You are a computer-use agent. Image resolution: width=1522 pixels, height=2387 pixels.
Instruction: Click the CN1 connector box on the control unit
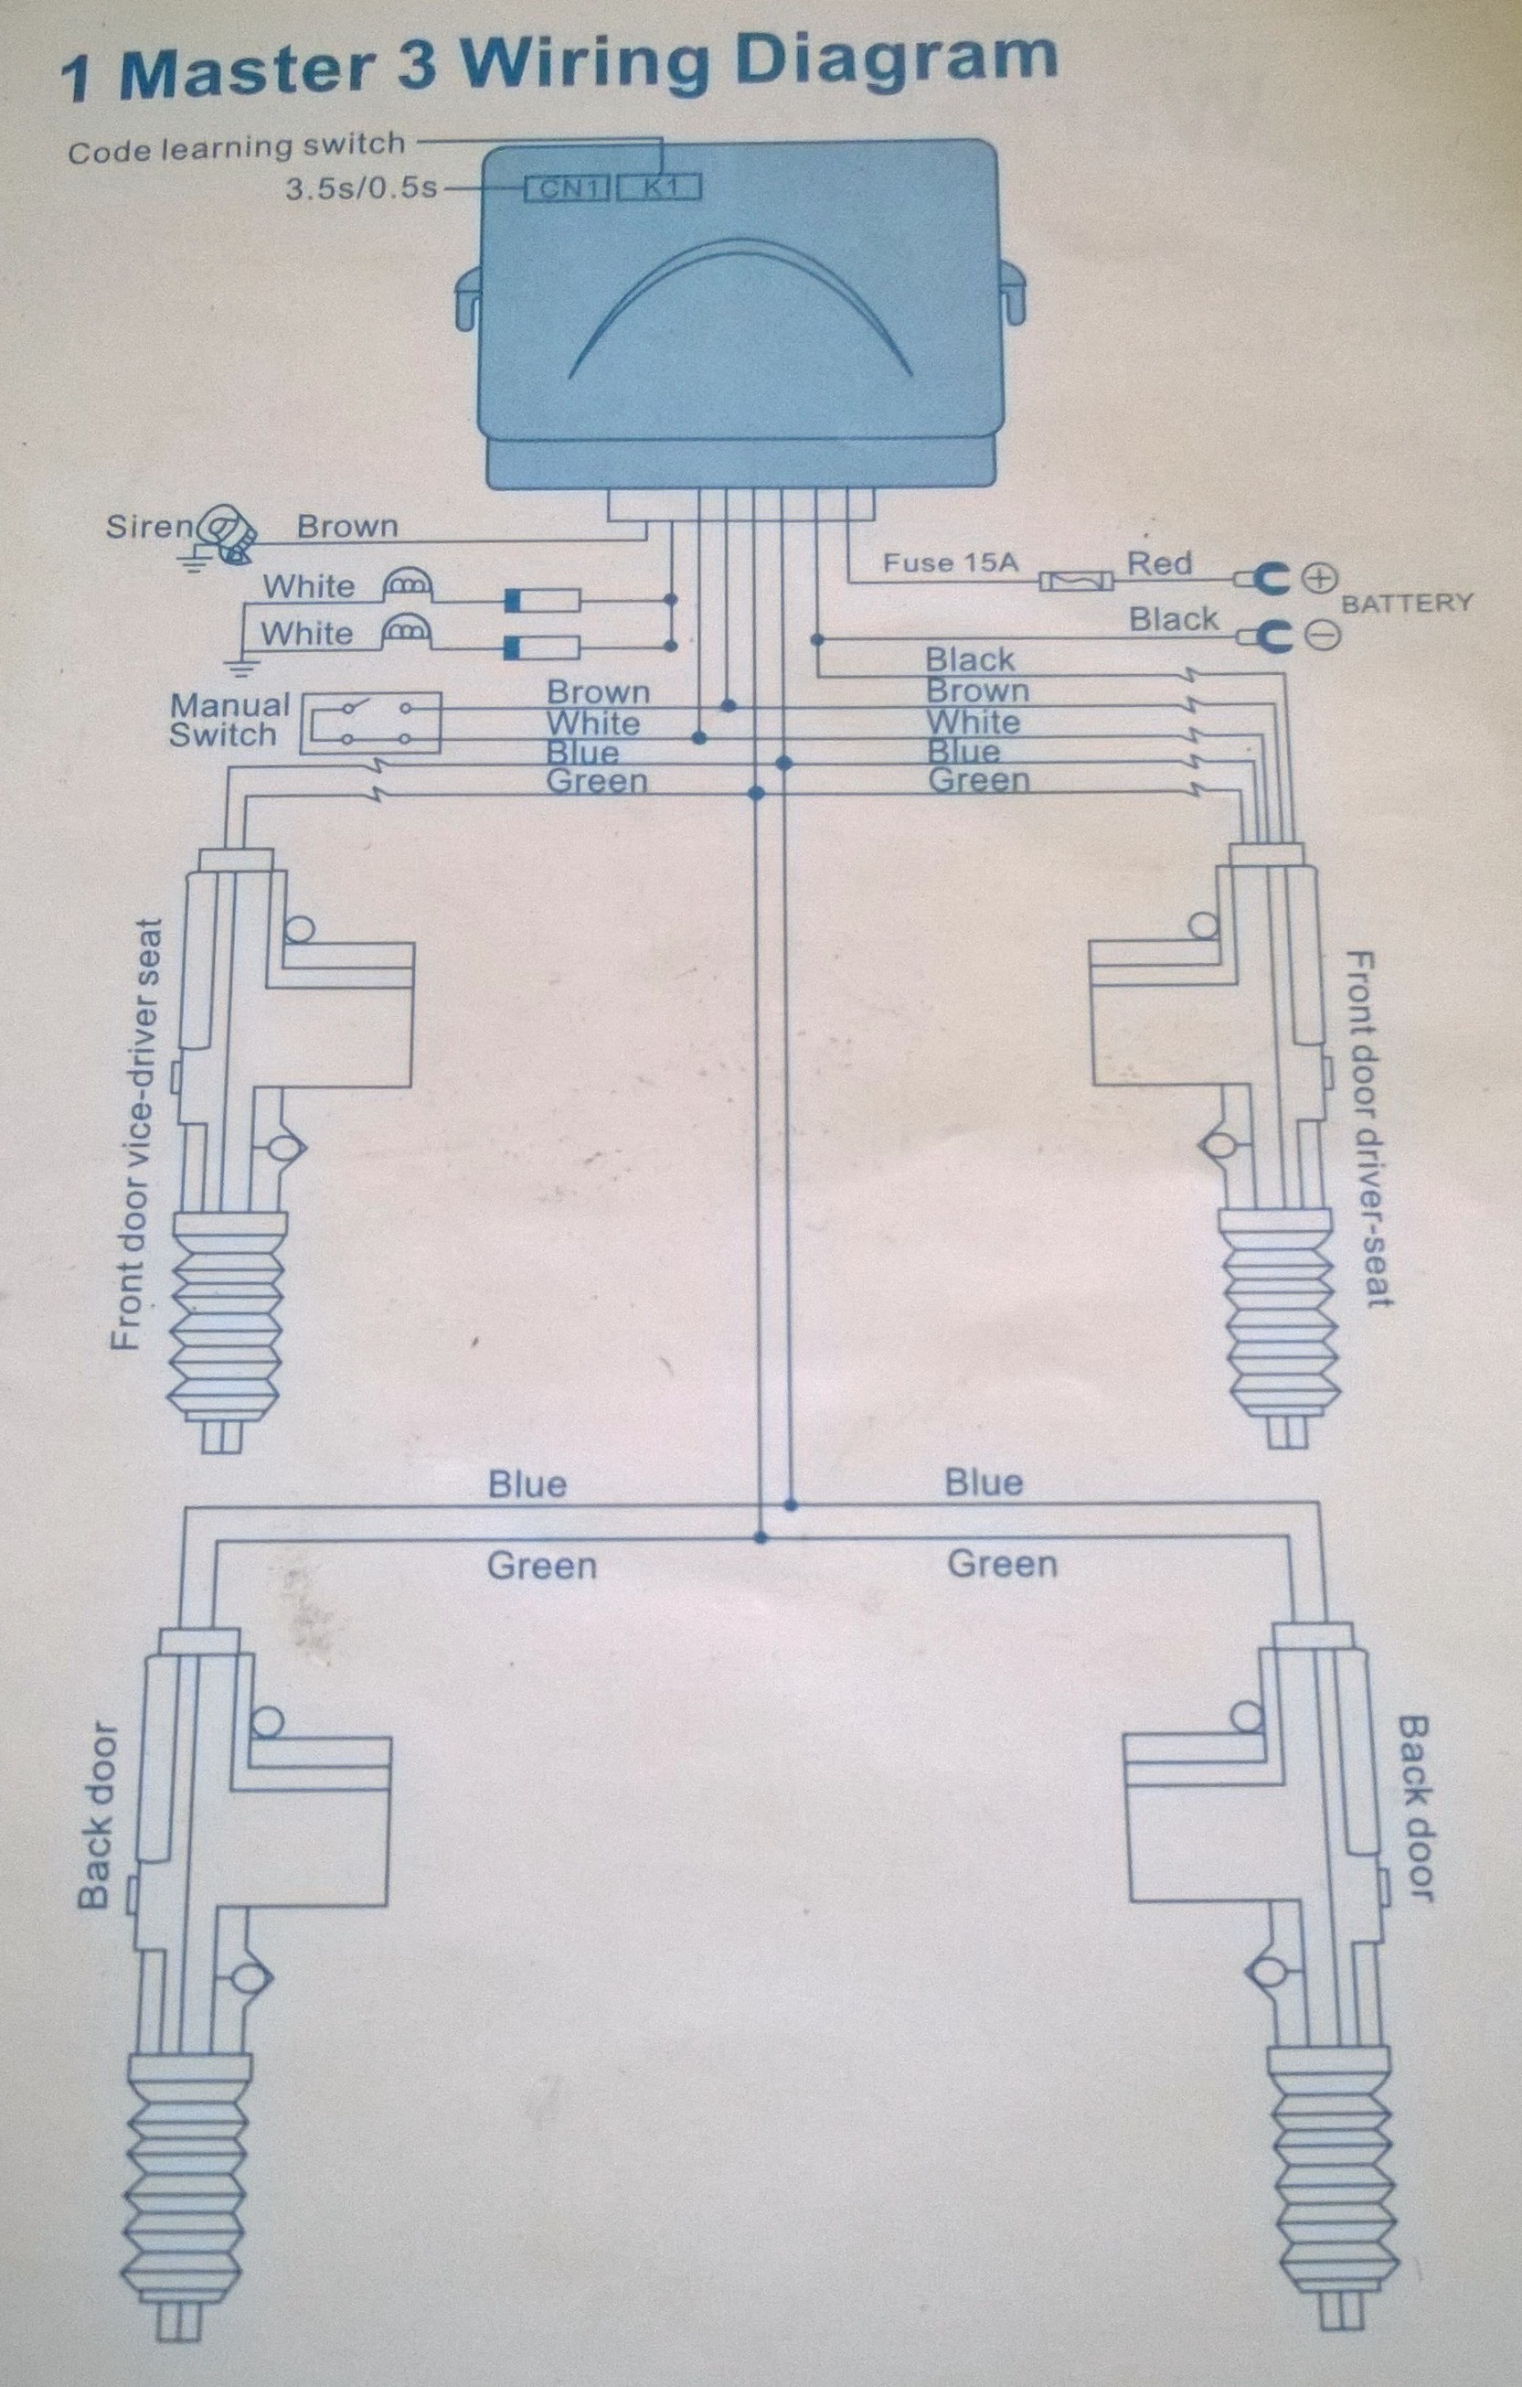point(566,188)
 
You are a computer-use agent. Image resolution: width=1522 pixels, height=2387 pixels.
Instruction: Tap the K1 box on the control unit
point(659,187)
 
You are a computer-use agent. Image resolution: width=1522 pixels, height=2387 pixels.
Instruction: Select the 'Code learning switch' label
point(237,147)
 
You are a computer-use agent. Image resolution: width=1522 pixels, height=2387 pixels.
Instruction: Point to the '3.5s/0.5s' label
point(361,188)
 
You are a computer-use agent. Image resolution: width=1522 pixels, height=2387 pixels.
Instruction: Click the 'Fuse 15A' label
point(951,563)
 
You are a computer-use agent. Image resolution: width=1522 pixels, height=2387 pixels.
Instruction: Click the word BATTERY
point(1407,603)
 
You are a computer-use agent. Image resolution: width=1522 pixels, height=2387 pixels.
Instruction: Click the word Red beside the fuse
point(1159,563)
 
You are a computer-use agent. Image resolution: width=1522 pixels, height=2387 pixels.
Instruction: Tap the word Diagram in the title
point(898,59)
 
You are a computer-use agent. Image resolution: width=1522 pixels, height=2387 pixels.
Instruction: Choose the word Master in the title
point(248,73)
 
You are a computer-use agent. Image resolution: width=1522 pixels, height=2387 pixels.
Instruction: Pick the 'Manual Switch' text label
point(229,720)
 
